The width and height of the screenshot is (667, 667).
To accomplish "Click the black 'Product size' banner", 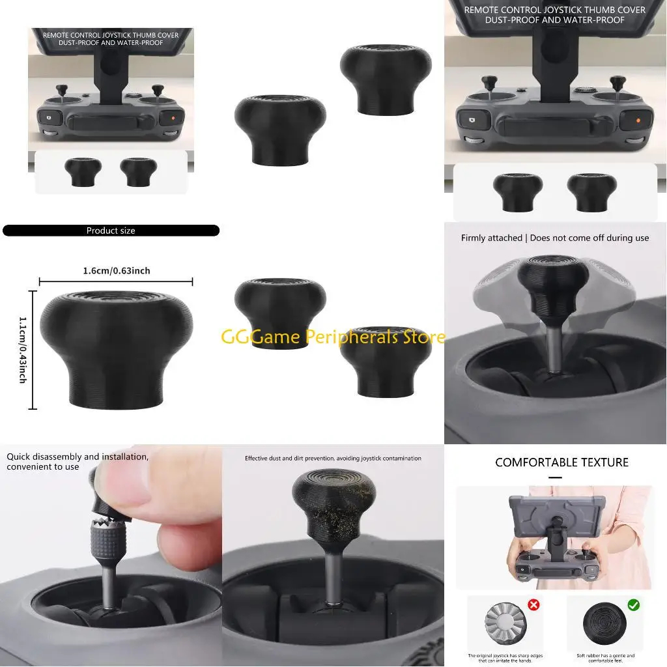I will (111, 231).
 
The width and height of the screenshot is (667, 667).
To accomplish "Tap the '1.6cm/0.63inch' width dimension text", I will (117, 270).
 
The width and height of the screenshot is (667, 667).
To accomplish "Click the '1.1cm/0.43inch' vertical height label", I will (23, 350).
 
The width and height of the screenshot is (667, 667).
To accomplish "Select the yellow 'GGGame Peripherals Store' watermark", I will (333, 337).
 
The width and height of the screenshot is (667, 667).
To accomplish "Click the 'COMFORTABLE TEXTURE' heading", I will (561, 462).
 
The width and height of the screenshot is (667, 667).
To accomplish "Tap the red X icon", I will (533, 605).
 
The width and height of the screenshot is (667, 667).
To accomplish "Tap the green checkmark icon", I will (633, 605).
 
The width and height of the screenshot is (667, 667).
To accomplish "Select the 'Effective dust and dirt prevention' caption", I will (333, 459).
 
